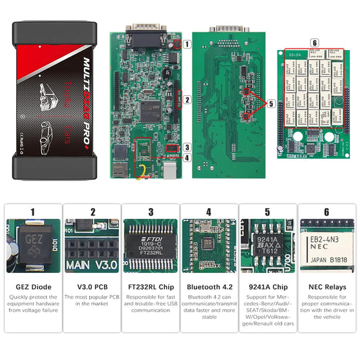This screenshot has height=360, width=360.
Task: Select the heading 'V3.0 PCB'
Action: (93, 287)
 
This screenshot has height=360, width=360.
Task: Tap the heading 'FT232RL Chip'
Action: (150, 287)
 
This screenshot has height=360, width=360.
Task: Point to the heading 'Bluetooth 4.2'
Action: (209, 287)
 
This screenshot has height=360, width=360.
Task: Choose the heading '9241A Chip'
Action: (267, 287)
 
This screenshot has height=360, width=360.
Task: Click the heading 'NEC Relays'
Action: (326, 287)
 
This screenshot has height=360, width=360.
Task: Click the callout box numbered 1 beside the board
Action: (186, 44)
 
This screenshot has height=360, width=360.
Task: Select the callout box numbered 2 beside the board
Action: (186, 100)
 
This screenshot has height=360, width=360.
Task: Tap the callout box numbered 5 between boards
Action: (271, 104)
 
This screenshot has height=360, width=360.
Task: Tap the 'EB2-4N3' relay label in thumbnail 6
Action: (327, 240)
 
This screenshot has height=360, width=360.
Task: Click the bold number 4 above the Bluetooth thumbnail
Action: (209, 211)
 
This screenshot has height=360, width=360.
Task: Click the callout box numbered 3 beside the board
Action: (186, 147)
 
